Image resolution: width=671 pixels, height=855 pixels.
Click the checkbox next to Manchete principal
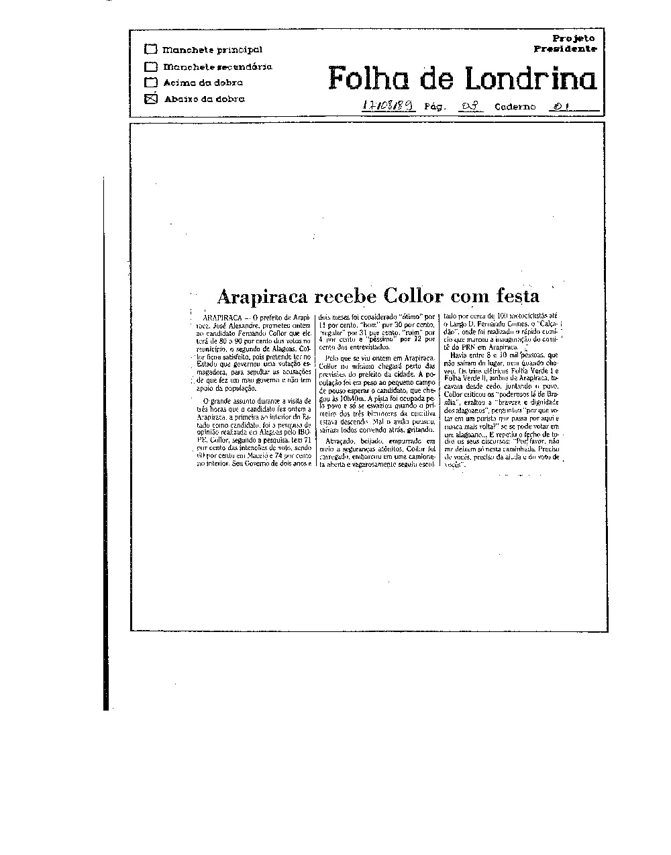pos(151,49)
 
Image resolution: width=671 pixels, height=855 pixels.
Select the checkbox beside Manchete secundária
pos(151,66)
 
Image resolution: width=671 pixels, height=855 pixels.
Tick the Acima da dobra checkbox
pos(151,83)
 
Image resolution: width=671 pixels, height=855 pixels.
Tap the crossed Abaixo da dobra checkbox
pos(151,99)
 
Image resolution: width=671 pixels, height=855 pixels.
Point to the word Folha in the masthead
pos(370,79)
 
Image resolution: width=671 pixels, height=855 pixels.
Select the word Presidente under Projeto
pos(565,48)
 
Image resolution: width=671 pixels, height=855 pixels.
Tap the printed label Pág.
pos(434,107)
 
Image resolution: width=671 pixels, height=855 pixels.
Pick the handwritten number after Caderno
pos(558,106)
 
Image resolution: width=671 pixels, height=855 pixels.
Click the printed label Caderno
pos(515,107)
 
